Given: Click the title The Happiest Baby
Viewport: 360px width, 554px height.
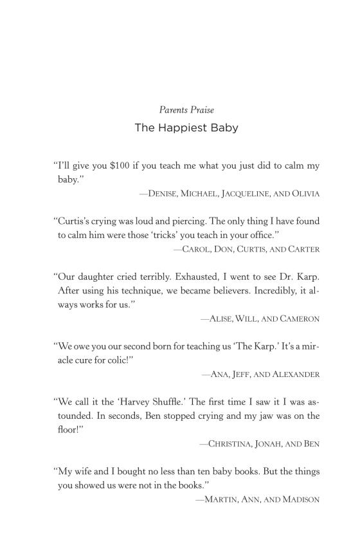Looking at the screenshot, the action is [x=186, y=127].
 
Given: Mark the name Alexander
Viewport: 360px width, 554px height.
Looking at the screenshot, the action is [x=294, y=374].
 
